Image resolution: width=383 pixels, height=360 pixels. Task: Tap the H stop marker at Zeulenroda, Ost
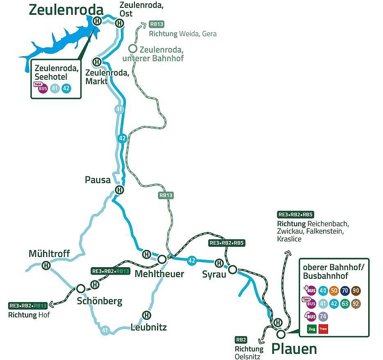tap(119, 23)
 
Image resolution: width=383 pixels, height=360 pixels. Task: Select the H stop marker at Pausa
tap(119, 190)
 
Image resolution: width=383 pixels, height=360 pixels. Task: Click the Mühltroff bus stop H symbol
tap(46, 266)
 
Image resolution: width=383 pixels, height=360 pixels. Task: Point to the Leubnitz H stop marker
tap(146, 315)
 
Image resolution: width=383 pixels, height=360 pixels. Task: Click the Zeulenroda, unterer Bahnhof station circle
tap(132, 48)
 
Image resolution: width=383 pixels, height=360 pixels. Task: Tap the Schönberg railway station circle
tap(81, 289)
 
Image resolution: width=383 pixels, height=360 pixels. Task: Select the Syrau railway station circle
tap(232, 269)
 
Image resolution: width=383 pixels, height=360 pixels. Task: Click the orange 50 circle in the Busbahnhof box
tap(334, 291)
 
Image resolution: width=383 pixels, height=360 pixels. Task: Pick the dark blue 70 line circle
tap(345, 291)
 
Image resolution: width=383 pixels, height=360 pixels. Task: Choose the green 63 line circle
tap(345, 304)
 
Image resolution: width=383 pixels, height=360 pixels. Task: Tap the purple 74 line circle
tap(323, 316)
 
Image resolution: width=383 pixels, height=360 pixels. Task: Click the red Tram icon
tap(323, 329)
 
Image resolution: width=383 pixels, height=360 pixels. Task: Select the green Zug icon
tap(311, 329)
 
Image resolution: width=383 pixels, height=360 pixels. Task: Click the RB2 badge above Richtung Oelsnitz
tap(241, 339)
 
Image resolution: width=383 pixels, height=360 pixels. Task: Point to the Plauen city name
tap(294, 349)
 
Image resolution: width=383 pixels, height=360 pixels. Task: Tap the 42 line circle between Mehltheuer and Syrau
tap(191, 260)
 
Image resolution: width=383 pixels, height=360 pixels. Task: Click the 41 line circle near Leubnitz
tap(105, 330)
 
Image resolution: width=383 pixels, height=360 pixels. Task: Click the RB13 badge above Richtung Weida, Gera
tap(157, 24)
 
